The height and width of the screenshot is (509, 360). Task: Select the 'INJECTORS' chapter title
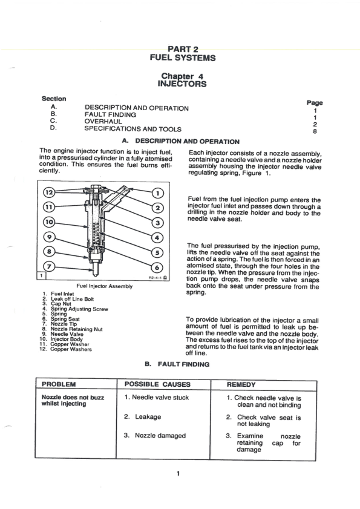click(182, 84)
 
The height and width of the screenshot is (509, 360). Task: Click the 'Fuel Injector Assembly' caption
click(104, 286)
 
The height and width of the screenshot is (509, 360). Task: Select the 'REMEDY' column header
click(243, 384)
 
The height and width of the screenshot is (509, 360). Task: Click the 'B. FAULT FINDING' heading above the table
click(177, 364)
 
